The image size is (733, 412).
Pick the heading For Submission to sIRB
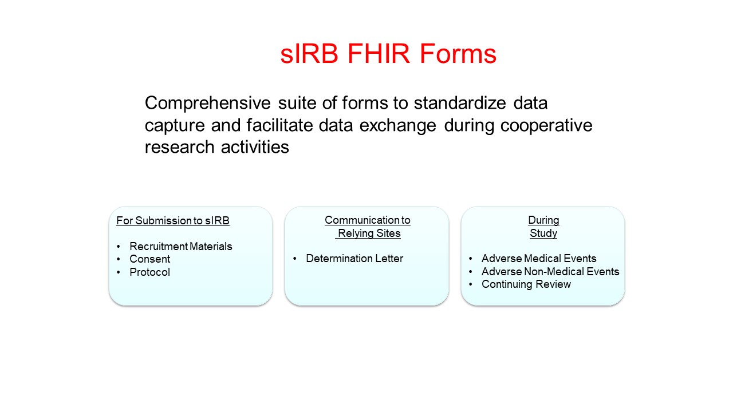(173, 221)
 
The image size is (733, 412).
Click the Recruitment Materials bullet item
(180, 247)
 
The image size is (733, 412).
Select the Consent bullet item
(149, 259)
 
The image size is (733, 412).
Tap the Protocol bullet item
(149, 272)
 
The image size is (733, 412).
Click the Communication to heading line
(367, 220)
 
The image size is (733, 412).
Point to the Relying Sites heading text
(369, 233)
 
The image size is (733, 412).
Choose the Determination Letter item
(354, 259)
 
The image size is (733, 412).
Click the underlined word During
(543, 220)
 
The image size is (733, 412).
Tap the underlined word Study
(543, 233)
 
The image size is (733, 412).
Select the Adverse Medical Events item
(539, 259)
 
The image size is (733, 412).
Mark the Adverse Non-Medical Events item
(550, 271)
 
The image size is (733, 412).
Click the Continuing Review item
(526, 284)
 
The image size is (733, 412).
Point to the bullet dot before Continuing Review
(470, 284)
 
